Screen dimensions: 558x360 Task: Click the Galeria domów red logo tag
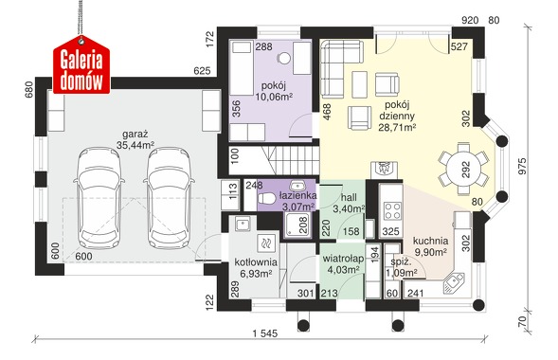pos(81,64)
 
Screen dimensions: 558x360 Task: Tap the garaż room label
pos(135,135)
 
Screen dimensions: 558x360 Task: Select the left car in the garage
pos(99,199)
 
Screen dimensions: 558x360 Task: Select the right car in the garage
pos(169,199)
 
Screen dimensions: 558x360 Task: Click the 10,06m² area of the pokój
pos(274,97)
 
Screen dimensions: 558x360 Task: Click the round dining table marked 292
pos(463,169)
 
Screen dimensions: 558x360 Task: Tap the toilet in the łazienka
pos(266,199)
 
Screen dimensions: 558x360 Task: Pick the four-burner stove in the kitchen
pos(392,210)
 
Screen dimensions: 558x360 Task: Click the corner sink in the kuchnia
pos(454,283)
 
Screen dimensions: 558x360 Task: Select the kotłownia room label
pos(256,262)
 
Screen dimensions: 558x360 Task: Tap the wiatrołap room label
pos(343,259)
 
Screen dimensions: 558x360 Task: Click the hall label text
pos(349,198)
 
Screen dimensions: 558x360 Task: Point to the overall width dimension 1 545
pos(264,333)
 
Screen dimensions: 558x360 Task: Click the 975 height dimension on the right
pos(522,166)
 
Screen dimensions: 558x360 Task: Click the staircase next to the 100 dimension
pos(291,160)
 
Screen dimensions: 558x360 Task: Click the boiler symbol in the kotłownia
pos(266,243)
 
